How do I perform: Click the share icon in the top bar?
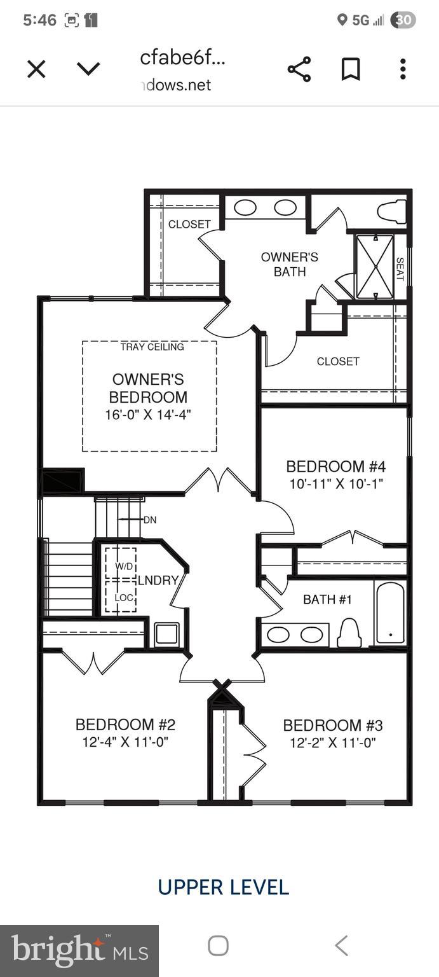coord(299,69)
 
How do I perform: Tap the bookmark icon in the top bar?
coord(351,69)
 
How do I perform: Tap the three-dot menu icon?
coord(403,69)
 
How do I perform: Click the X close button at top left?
coord(36,69)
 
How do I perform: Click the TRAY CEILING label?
coord(152,347)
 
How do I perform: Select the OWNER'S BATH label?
coord(290,264)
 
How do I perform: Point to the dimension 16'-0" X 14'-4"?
coord(149,415)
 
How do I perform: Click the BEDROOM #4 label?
coord(336,466)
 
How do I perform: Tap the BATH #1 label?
coord(327,599)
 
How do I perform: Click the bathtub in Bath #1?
coord(390,613)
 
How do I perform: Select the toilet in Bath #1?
coord(349,632)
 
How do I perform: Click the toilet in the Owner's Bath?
coord(391,211)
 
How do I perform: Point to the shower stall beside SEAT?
coord(375,267)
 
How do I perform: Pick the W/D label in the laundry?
coord(125,565)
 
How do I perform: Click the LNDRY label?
coord(158,580)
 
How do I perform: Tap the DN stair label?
coord(150,520)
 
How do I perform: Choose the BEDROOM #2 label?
coord(125,724)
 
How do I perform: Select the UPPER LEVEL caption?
coord(224,887)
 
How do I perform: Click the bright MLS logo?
coord(79,951)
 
